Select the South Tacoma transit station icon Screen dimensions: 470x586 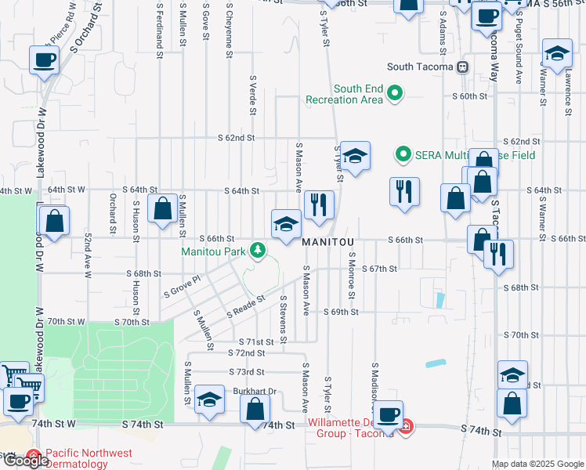tap(463, 67)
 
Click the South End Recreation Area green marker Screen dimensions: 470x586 tap(395, 94)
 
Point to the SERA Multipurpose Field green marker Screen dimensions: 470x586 tap(403, 154)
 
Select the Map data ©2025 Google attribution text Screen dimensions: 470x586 tap(537, 465)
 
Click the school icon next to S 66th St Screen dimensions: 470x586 tap(286, 225)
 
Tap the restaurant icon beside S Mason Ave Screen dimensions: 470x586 tap(319, 205)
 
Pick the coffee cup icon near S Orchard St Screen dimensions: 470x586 tap(44, 59)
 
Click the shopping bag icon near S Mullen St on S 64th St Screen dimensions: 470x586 tap(163, 209)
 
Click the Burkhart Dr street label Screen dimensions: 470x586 tap(255, 392)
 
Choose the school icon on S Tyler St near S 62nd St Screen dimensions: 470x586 tap(355, 156)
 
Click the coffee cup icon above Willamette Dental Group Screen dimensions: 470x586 tap(387, 414)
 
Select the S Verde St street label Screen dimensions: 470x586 tap(253, 95)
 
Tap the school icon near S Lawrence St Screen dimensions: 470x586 tap(557, 53)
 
